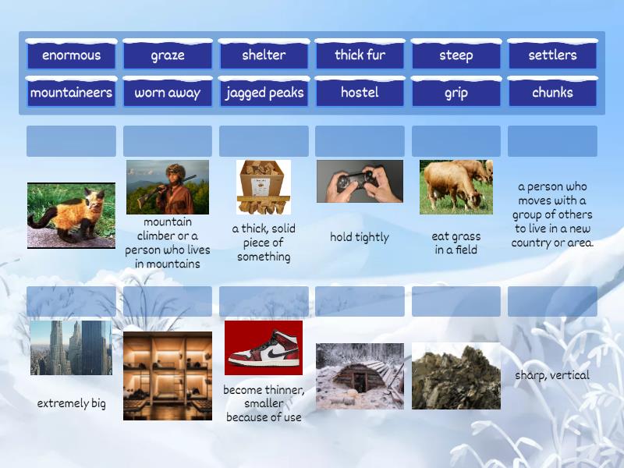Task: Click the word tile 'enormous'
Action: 71,55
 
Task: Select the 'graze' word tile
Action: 168,55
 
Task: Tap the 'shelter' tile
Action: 264,55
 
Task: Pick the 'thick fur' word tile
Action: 360,55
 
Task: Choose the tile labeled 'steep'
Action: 456,55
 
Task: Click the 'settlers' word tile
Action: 552,55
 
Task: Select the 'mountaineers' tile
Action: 71,93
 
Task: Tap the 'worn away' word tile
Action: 168,93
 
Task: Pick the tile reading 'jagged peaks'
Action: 264,93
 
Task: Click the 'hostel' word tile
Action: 360,93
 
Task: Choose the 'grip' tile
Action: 456,93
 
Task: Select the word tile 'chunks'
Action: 552,93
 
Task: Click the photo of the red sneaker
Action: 264,348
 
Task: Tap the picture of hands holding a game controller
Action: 360,181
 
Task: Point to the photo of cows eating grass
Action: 456,187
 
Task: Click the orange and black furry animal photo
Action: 71,215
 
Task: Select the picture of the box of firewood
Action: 264,187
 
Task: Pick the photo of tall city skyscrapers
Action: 71,348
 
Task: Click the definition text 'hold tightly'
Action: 360,237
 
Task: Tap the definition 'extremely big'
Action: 71,403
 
